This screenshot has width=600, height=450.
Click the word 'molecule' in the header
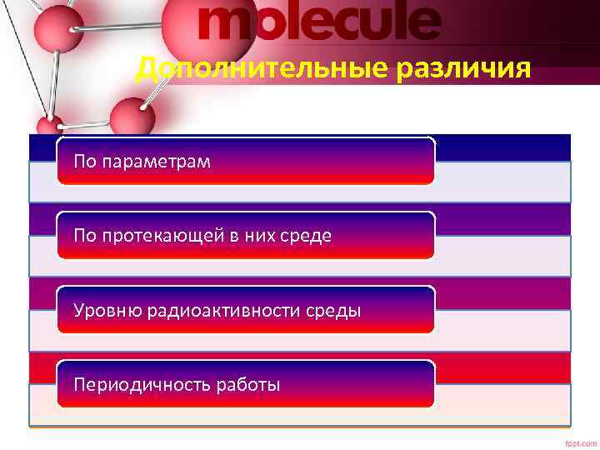coord(318,22)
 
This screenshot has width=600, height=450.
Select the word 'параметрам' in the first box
coord(156,161)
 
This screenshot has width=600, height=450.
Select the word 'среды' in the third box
coord(337,311)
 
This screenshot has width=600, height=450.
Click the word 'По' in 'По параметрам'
coord(84,161)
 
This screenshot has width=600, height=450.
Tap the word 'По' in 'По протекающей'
coord(84,236)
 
